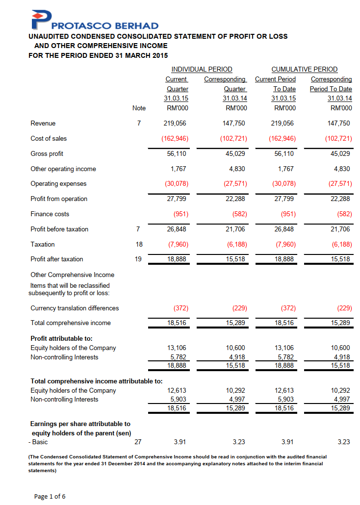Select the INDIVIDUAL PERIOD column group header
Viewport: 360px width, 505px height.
point(202,69)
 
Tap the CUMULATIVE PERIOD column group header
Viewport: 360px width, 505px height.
point(305,69)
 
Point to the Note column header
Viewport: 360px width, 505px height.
point(139,108)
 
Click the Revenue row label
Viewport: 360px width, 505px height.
point(43,124)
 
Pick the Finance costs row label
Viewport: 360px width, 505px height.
point(50,214)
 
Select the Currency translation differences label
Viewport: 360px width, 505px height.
point(75,308)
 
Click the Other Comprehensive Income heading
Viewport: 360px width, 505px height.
point(72,275)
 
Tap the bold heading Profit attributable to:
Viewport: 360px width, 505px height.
point(61,338)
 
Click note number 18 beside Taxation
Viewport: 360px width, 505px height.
point(139,244)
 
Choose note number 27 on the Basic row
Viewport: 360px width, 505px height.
point(138,442)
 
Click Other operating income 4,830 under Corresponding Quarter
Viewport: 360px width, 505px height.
point(236,169)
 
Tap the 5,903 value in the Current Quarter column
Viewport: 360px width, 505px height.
point(177,400)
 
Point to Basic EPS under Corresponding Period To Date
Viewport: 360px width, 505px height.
point(344,442)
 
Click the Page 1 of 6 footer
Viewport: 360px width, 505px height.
point(50,497)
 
